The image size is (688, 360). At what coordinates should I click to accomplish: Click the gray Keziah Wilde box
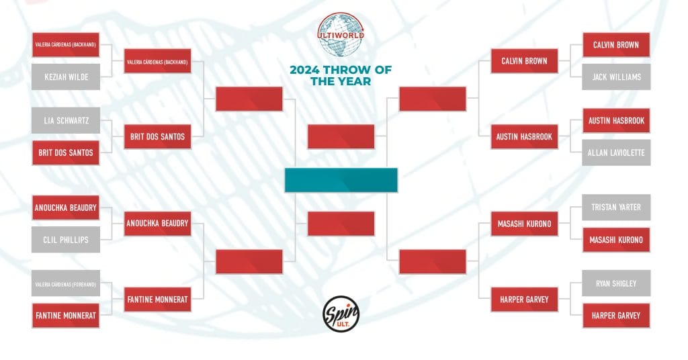click(x=66, y=77)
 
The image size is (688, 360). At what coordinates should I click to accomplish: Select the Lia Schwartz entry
click(x=66, y=121)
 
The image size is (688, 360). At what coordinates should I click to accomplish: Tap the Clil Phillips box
click(x=66, y=240)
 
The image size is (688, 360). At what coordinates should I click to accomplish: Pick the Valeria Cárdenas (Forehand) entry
click(x=66, y=283)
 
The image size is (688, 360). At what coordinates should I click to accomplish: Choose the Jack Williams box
click(x=616, y=77)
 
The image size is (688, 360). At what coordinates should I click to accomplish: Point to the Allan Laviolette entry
click(x=616, y=152)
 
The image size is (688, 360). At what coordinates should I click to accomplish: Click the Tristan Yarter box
click(x=616, y=208)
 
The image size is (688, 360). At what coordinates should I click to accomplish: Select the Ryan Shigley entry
click(x=616, y=283)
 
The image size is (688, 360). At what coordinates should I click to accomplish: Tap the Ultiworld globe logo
click(x=341, y=35)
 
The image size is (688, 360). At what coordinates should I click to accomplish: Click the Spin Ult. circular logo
click(x=341, y=314)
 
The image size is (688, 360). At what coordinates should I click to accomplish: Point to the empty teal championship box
click(x=341, y=180)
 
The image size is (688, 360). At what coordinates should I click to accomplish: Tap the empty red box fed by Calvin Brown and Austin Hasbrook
click(x=432, y=99)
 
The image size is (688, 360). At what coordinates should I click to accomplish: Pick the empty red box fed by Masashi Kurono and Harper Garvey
click(x=432, y=262)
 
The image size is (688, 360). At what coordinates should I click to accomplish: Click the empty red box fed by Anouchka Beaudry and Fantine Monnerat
click(x=249, y=262)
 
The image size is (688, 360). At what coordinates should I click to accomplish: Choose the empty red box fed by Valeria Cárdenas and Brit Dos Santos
click(x=249, y=99)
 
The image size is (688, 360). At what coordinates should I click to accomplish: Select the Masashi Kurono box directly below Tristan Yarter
click(x=616, y=240)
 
